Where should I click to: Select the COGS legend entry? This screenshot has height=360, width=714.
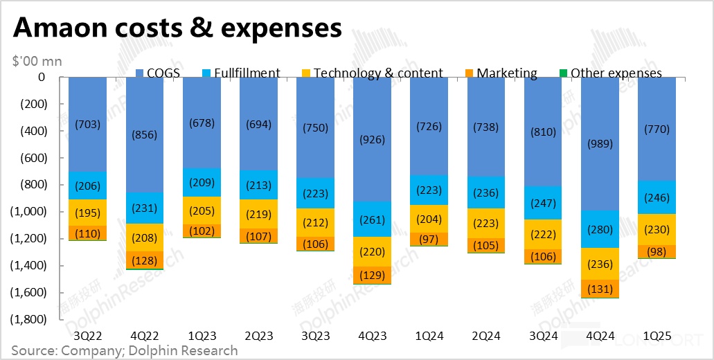[157, 73]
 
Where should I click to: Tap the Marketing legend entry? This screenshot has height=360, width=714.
[501, 73]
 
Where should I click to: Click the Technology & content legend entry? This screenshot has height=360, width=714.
[373, 73]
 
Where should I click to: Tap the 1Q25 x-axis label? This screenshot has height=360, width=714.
[656, 336]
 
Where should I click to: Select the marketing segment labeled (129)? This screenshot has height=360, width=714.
[372, 275]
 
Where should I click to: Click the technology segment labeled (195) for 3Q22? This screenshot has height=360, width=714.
[88, 213]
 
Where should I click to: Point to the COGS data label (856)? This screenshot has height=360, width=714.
[145, 136]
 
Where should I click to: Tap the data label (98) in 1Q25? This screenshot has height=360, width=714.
[656, 251]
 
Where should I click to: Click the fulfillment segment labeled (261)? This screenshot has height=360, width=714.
[372, 219]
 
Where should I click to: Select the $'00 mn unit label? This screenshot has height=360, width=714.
[37, 61]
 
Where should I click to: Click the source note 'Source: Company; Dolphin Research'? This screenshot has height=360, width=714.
[125, 350]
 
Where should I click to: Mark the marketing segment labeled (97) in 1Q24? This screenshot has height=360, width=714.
[429, 239]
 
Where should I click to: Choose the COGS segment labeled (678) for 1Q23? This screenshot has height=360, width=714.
[202, 123]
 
